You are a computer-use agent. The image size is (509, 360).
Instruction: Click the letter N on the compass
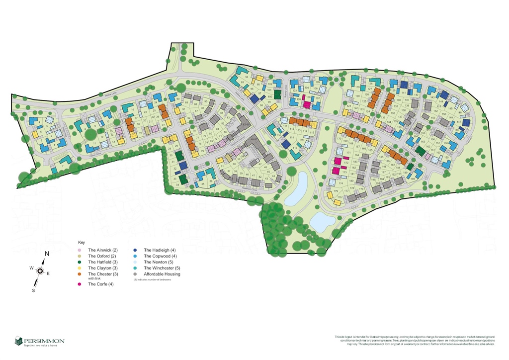click(47, 254)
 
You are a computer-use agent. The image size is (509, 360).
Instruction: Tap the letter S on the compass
click(34, 290)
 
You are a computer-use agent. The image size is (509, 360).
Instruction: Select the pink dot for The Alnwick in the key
click(80, 250)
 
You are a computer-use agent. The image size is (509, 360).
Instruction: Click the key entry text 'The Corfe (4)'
click(102, 284)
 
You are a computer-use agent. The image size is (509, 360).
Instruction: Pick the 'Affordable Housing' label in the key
click(162, 274)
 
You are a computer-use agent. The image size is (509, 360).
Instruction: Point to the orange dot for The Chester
click(80, 274)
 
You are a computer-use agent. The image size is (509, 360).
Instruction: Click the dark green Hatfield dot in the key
click(80, 262)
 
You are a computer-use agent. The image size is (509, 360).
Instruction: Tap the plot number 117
click(295, 148)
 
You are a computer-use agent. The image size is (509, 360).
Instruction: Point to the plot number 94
click(247, 77)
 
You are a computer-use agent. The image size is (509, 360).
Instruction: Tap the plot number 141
click(404, 93)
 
